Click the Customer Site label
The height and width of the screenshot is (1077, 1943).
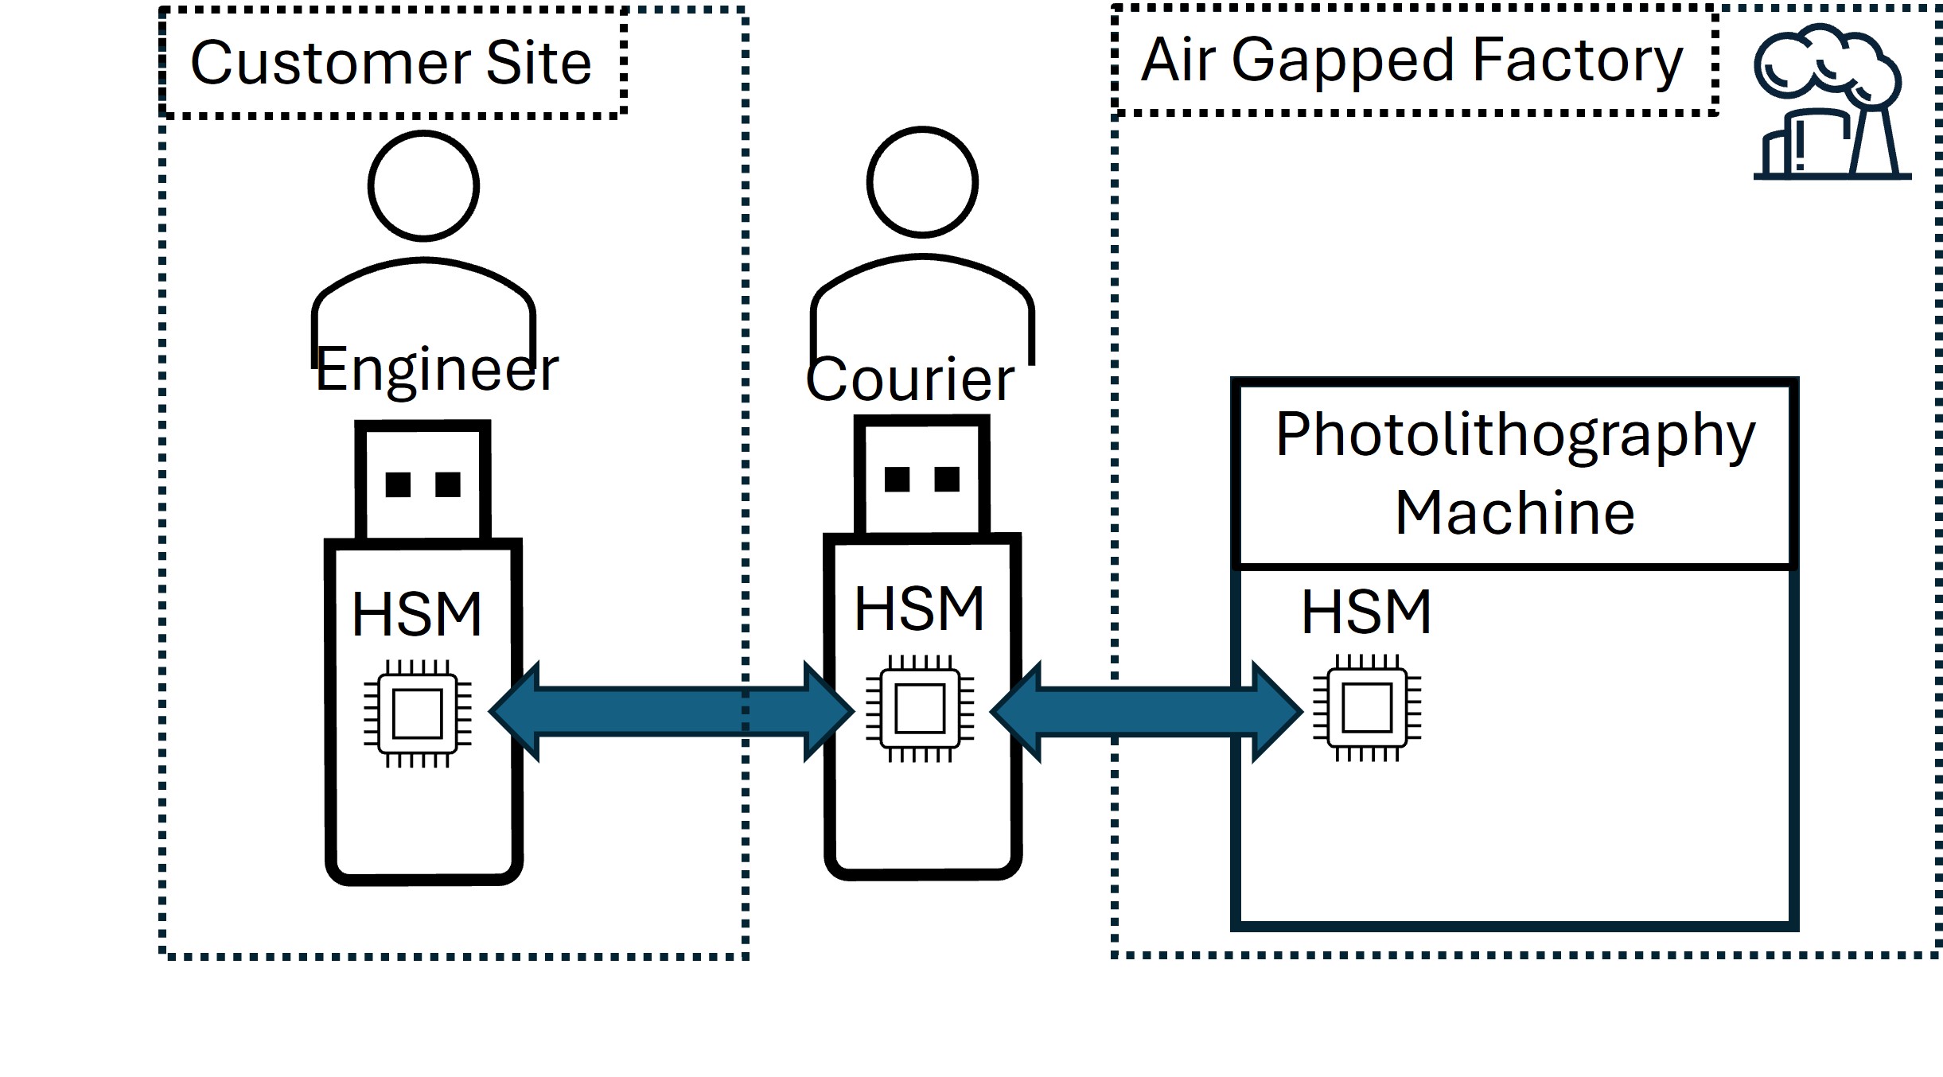[x=391, y=63]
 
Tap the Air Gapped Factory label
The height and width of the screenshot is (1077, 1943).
[x=1411, y=60]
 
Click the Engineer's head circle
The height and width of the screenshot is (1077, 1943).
[x=423, y=186]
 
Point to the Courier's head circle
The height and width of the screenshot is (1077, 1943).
[x=922, y=182]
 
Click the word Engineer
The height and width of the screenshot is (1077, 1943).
[x=437, y=370]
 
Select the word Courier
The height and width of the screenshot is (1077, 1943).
[x=909, y=379]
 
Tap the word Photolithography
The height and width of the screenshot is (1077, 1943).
[x=1515, y=435]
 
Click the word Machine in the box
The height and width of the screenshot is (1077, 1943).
[x=1515, y=513]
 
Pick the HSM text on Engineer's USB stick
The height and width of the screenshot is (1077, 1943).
[x=417, y=615]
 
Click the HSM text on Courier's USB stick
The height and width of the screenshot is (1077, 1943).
[x=919, y=609]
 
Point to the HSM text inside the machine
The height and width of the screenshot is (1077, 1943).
[x=1366, y=612]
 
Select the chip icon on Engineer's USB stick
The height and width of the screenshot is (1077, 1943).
[x=418, y=713]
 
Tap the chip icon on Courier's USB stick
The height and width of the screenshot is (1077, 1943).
[x=920, y=708]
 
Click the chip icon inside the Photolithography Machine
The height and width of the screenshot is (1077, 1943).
[x=1367, y=708]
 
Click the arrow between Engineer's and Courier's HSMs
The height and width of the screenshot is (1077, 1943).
[x=671, y=711]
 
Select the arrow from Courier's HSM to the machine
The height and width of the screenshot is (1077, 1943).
[x=1146, y=712]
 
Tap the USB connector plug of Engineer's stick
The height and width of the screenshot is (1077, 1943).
[x=422, y=482]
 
